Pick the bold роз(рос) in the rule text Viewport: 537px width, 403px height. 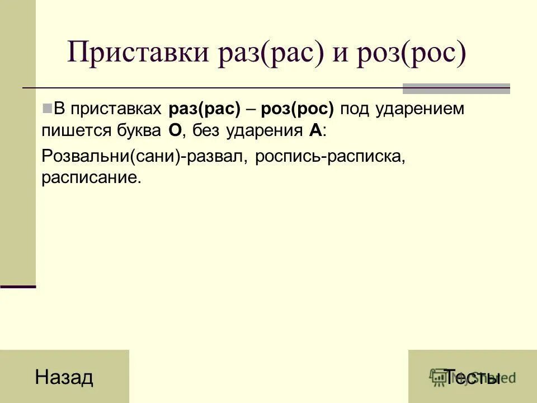click(x=297, y=109)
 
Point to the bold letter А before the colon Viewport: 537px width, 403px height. click(x=314, y=132)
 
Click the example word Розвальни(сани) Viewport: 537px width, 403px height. click(x=111, y=157)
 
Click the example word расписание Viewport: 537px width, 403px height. click(x=89, y=179)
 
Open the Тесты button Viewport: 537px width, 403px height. click(x=472, y=377)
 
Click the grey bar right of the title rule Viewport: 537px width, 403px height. click(x=456, y=88)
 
